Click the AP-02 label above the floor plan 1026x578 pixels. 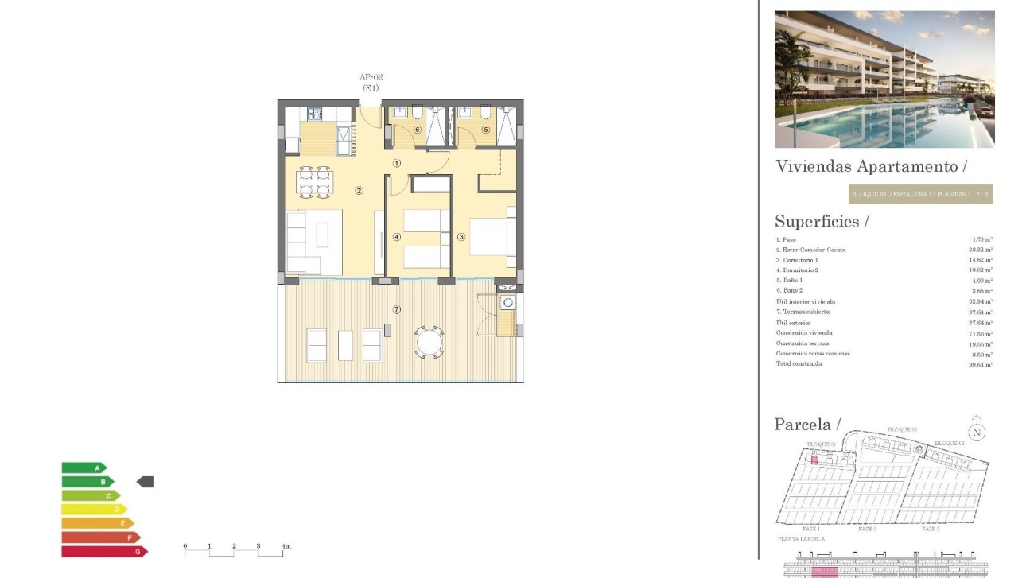point(371,77)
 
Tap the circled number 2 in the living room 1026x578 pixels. point(359,190)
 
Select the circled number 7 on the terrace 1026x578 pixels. point(397,308)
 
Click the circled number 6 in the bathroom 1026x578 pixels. point(417,130)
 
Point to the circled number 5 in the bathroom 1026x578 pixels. point(485,130)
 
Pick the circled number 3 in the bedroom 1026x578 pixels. point(461,236)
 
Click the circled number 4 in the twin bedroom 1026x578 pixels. point(396,236)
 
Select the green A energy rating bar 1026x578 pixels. point(84,468)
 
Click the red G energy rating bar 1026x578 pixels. point(104,551)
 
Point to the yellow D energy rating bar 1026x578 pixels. point(94,509)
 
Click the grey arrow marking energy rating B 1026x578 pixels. point(145,482)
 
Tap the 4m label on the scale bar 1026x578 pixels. point(286,546)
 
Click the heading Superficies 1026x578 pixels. point(822,222)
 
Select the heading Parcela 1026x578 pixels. point(806,425)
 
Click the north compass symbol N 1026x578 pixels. point(977,433)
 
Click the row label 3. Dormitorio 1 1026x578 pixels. point(797,260)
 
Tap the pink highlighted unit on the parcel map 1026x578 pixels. point(814,460)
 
